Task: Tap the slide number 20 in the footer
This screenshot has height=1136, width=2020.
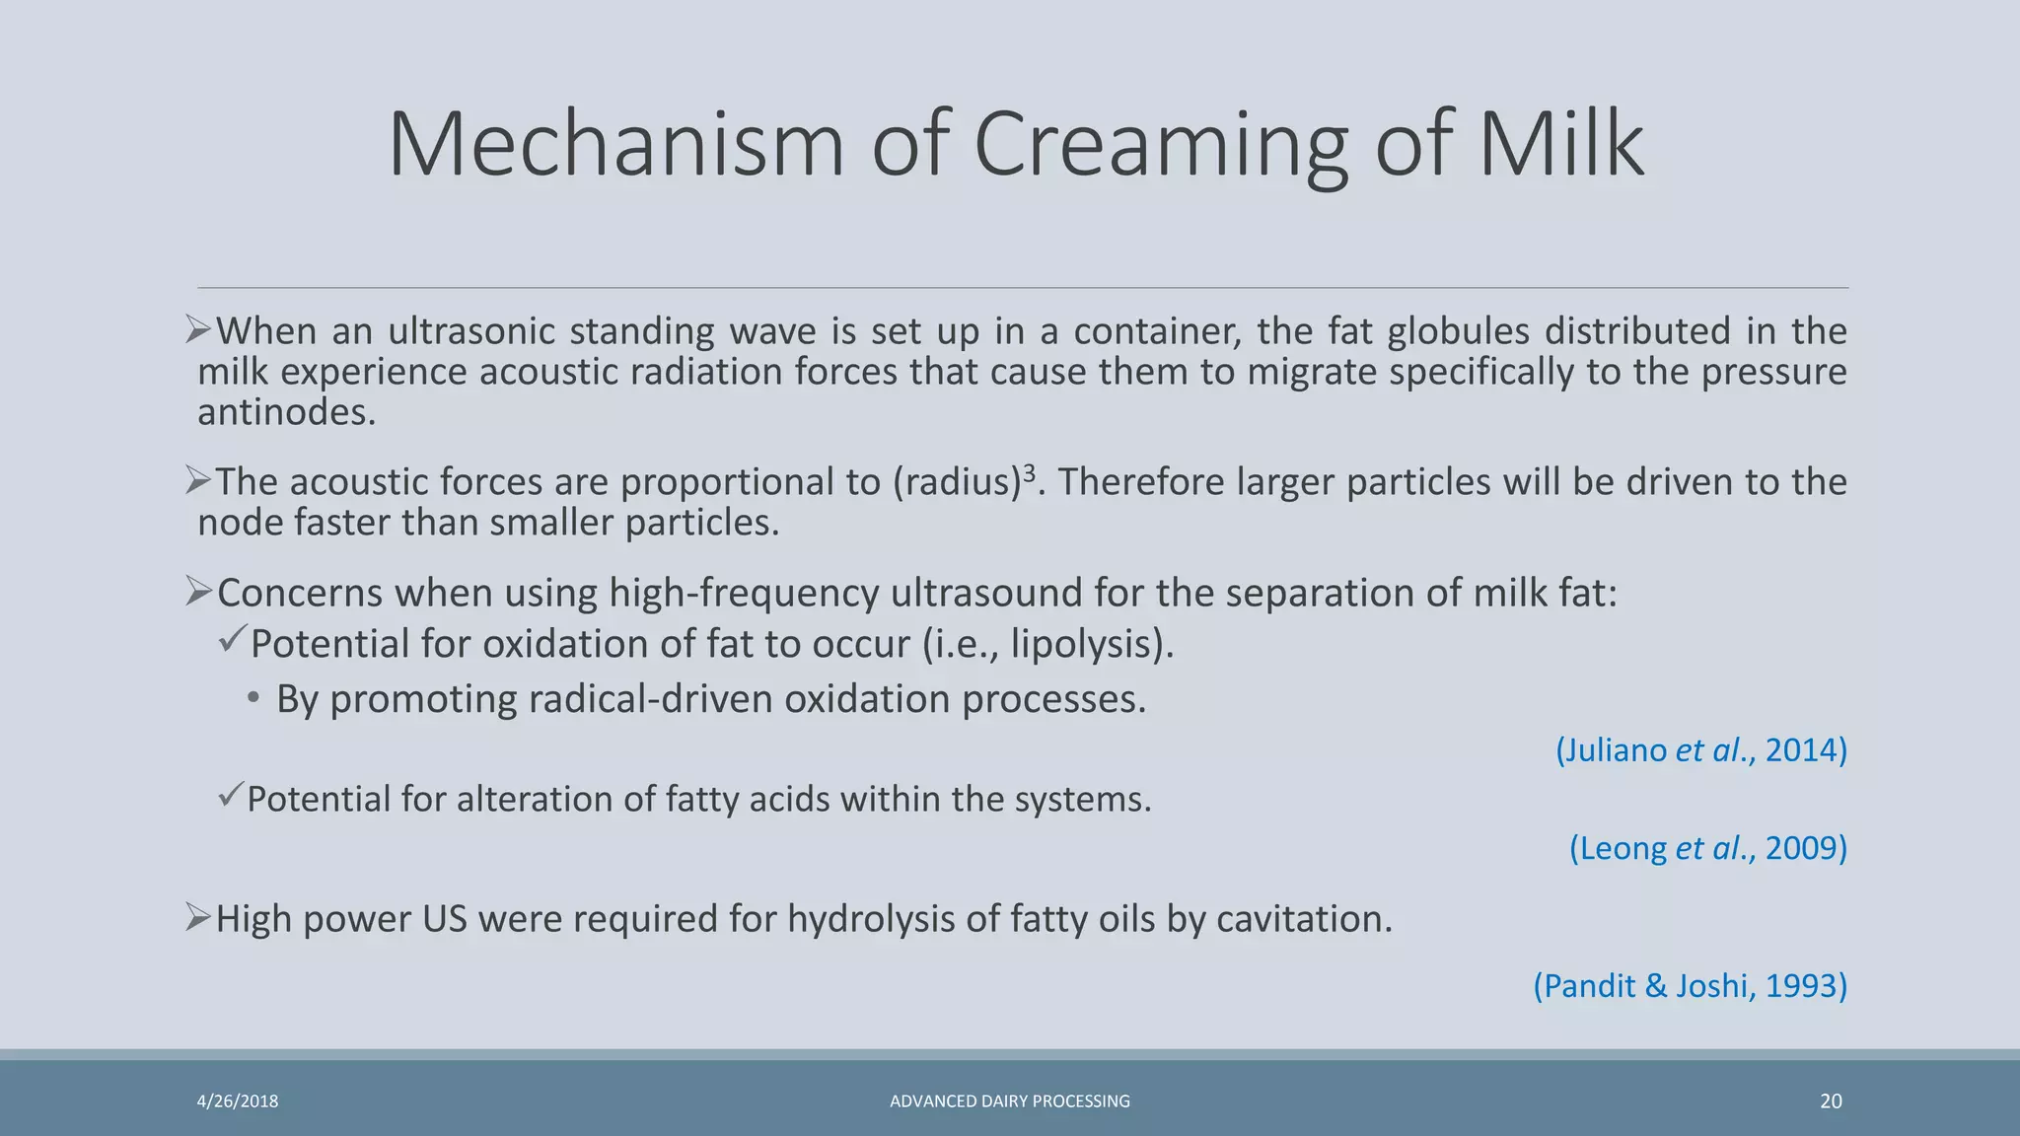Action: point(1831,1100)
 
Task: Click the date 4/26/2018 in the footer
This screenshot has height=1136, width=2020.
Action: point(238,1101)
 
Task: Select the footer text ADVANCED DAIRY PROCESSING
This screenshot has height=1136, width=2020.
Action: point(1009,1101)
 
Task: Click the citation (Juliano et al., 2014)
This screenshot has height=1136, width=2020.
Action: point(1700,750)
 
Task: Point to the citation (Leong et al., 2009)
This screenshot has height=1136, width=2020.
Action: point(1707,848)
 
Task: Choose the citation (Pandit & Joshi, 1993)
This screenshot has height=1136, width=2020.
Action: point(1690,985)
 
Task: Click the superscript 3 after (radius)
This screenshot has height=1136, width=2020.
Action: point(1030,470)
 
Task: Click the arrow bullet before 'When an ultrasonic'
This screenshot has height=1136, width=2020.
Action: point(198,329)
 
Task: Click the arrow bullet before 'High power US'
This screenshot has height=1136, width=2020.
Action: point(198,918)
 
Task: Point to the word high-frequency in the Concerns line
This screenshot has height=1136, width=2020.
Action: point(743,593)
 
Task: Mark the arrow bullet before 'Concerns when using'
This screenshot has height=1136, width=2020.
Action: point(198,592)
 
